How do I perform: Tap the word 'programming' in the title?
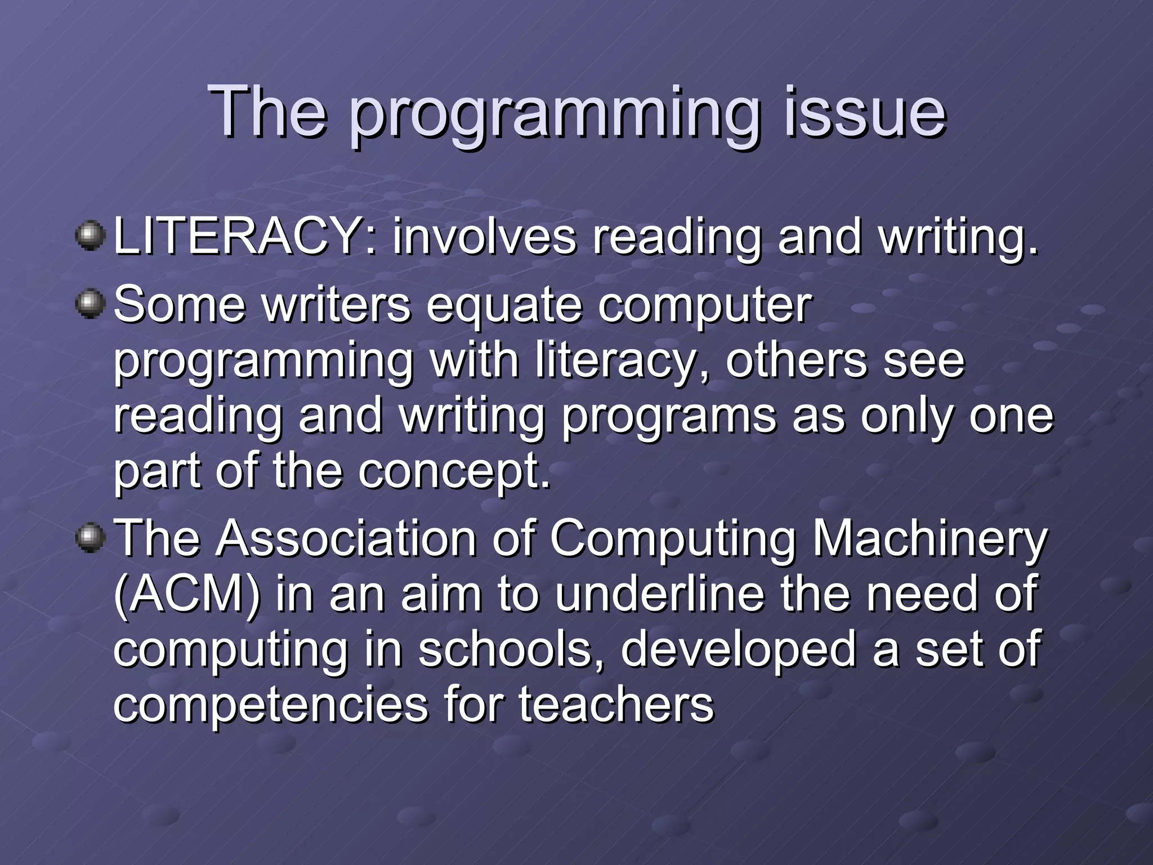(x=555, y=115)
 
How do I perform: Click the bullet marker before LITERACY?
(x=90, y=236)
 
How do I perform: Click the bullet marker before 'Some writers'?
(x=90, y=304)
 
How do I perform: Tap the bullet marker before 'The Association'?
(x=90, y=538)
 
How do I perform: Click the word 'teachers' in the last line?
(x=616, y=704)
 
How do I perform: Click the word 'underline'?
(x=659, y=594)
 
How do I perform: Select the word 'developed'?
(x=738, y=649)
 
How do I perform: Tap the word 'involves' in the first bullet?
(x=484, y=237)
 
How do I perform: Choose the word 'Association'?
(x=347, y=538)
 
